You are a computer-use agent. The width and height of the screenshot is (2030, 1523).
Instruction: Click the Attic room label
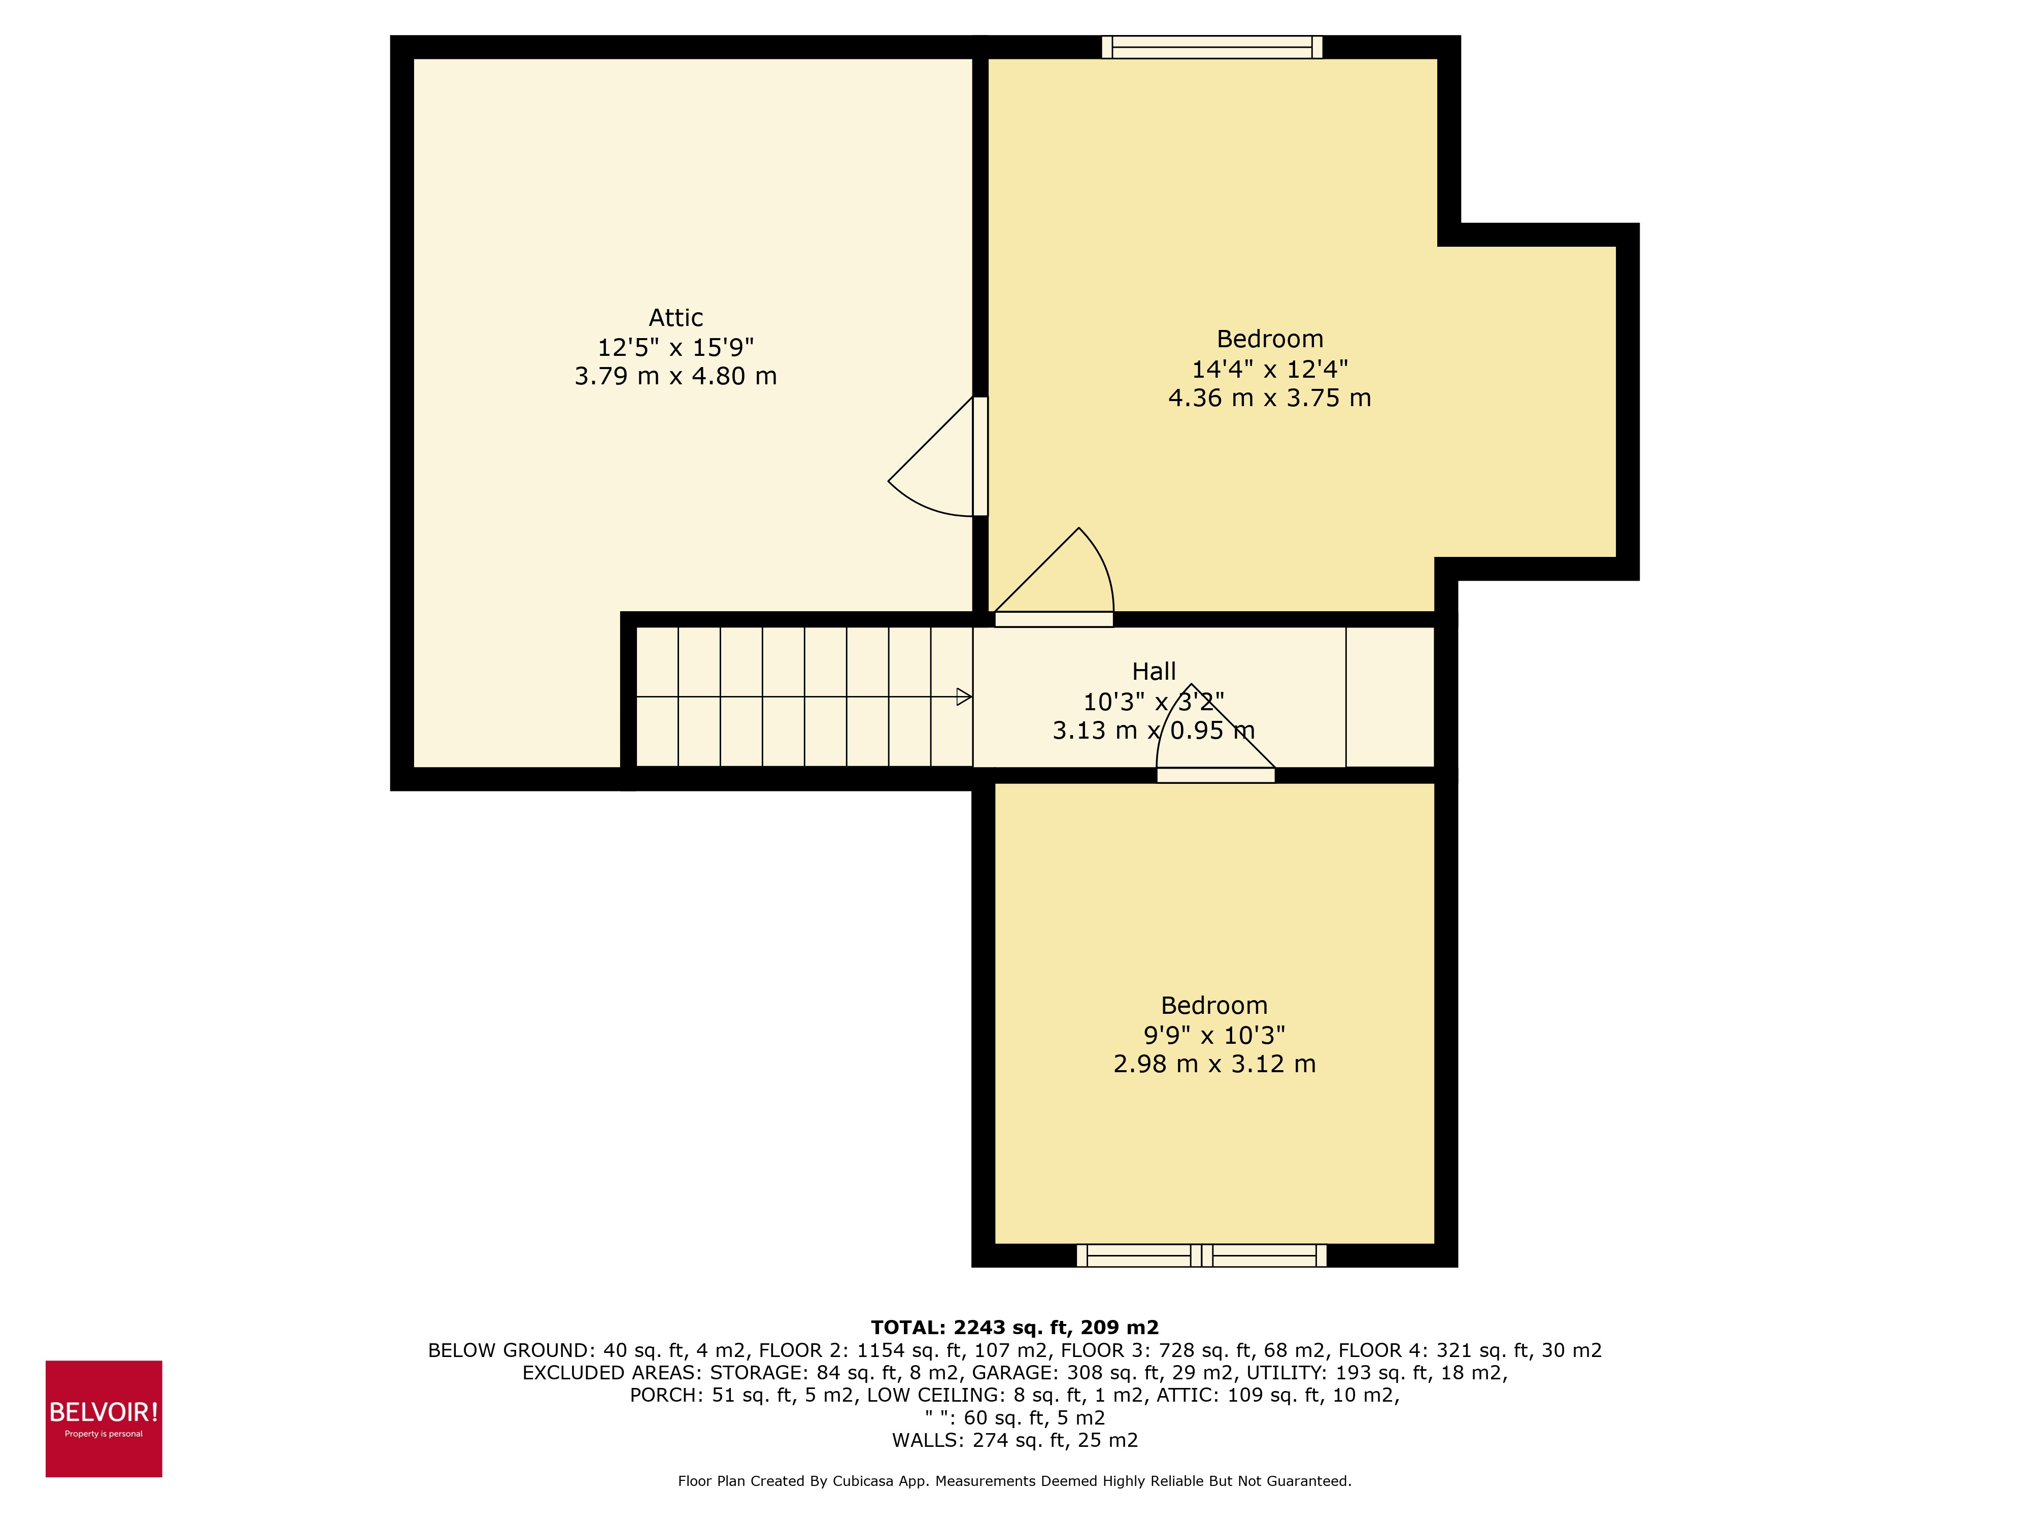tap(675, 318)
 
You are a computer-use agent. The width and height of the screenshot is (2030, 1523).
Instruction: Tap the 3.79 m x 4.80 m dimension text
tap(675, 376)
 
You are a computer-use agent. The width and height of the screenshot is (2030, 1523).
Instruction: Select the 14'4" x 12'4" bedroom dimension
tap(1269, 369)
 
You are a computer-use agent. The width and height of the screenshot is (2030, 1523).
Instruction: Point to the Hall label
tap(1154, 671)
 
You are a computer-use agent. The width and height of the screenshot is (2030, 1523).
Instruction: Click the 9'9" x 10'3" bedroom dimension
tap(1213, 1036)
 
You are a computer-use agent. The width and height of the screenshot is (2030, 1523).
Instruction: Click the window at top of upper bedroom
tap(1211, 47)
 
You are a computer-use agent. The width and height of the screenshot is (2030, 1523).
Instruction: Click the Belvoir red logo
tap(104, 1418)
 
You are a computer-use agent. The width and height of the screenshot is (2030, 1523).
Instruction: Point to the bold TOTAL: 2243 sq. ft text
tap(1014, 1328)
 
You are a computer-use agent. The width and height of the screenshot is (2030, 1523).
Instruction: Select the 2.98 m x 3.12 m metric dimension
tap(1213, 1064)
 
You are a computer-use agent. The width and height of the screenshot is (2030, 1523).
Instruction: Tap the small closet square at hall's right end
tap(1390, 697)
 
